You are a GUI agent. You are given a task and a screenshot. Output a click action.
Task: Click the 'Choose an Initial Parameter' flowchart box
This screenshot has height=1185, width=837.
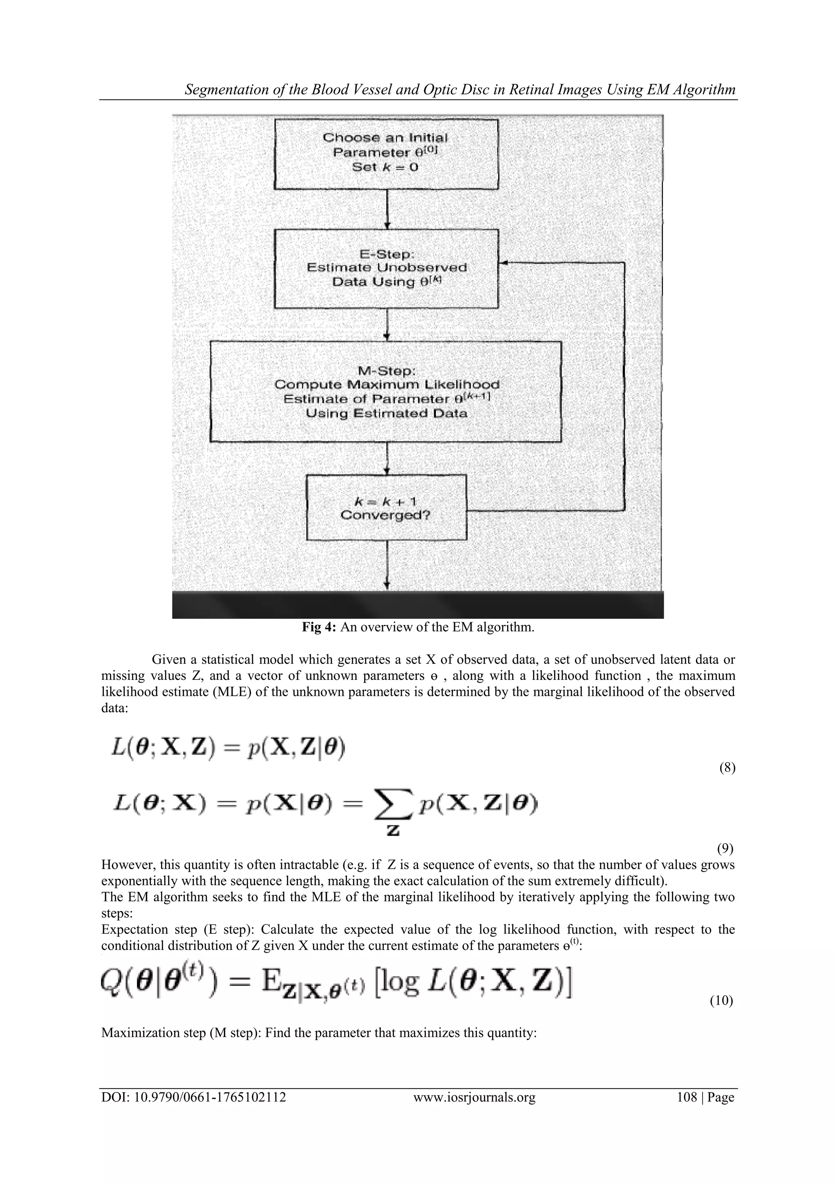[386, 154]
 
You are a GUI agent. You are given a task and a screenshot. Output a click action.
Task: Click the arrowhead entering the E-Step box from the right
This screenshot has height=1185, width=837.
[504, 263]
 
